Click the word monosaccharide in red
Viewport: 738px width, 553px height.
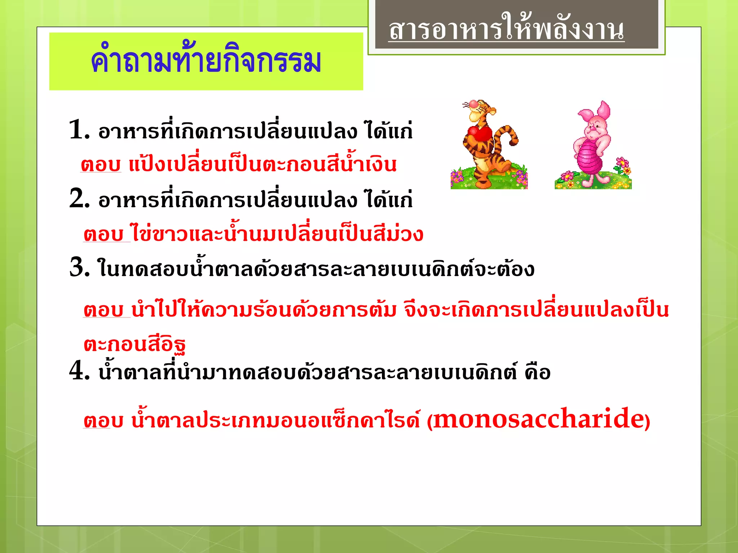pos(538,419)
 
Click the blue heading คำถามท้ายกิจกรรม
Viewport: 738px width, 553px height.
pos(206,61)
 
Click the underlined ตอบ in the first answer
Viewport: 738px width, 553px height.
pos(101,165)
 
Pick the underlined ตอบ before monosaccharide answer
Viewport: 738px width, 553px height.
pos(103,421)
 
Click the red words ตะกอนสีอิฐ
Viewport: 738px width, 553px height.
pos(134,344)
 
